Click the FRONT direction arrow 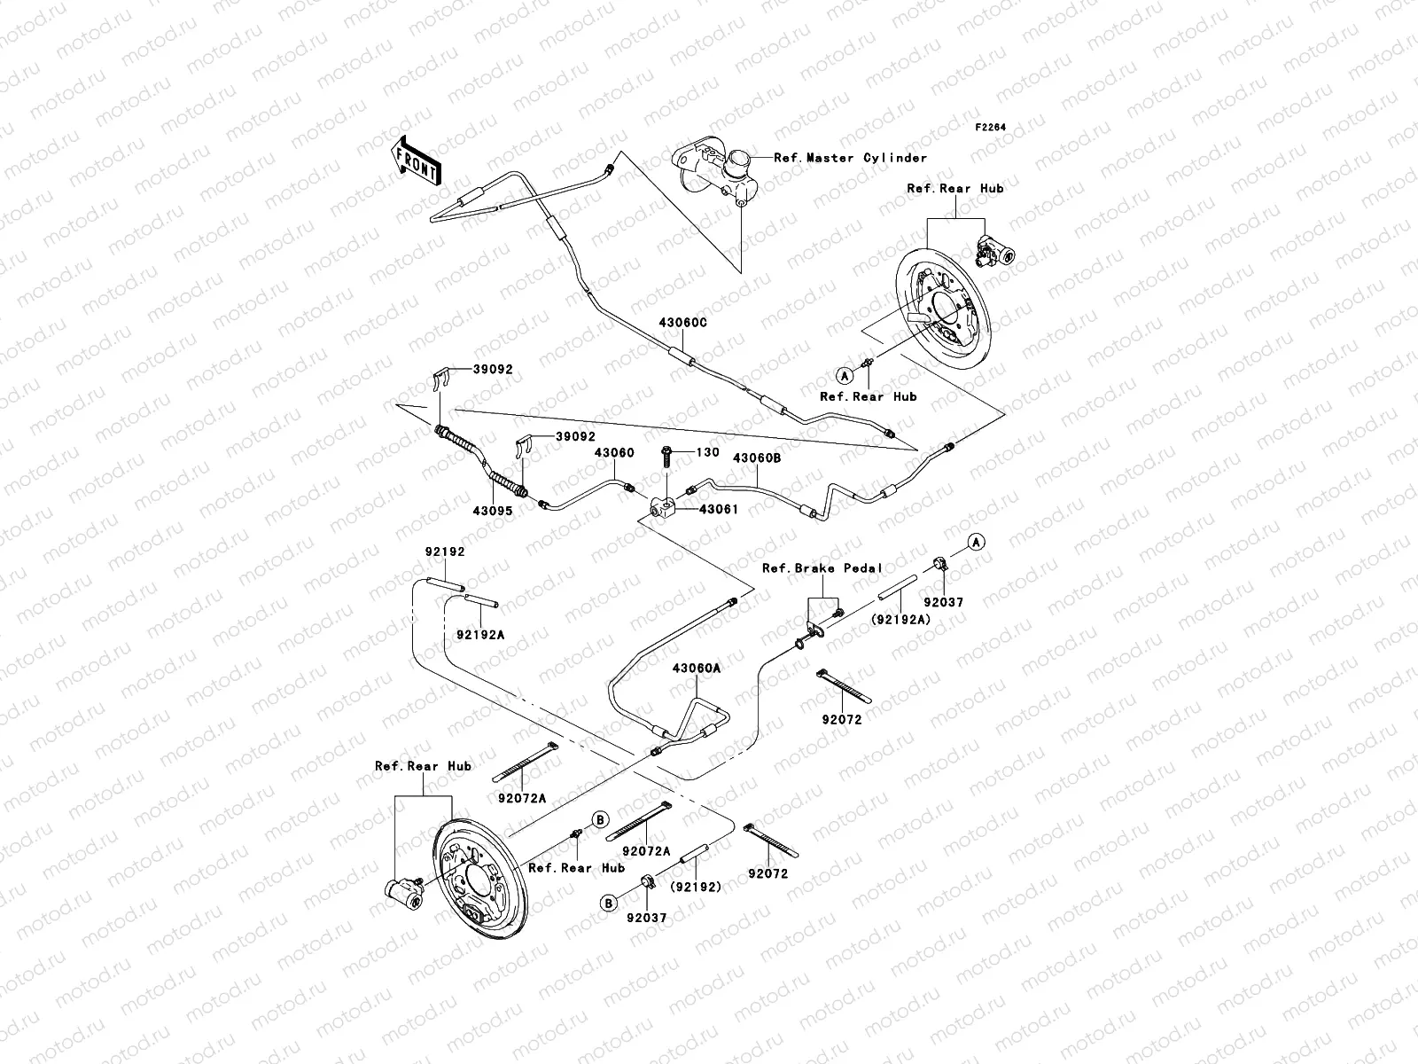416,160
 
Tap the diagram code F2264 993,128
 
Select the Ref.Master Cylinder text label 850,158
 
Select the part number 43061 719,510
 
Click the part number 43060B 756,458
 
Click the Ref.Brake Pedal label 822,568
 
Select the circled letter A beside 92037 976,542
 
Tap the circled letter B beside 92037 608,904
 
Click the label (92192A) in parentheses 901,620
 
